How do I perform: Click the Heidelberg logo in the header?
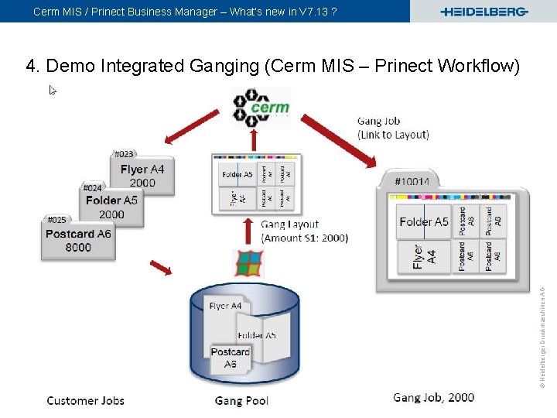(x=484, y=12)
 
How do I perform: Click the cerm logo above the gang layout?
(x=261, y=108)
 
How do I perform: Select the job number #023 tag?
(x=124, y=154)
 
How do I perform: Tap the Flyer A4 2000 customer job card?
(x=142, y=176)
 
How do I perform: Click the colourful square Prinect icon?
(x=249, y=262)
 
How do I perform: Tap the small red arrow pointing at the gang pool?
(x=161, y=267)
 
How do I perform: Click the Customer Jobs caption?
(x=85, y=400)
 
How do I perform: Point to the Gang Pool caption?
(x=241, y=400)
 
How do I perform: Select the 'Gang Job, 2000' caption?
(x=433, y=397)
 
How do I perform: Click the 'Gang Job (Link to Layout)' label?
(x=392, y=128)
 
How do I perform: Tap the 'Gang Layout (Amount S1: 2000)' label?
(x=304, y=231)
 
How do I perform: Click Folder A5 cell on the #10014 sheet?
(x=423, y=222)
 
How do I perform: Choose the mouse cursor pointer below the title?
(x=53, y=91)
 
